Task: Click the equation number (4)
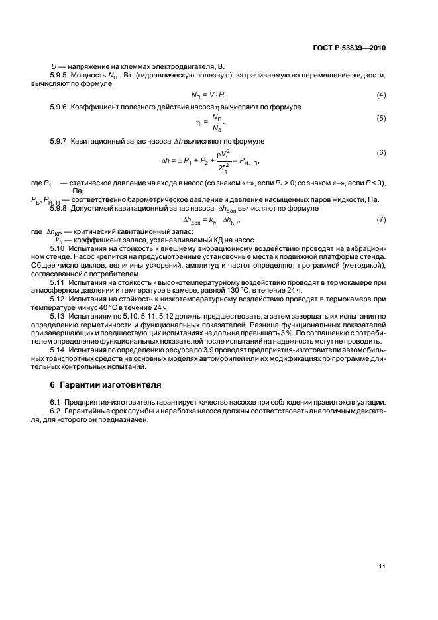pyautogui.click(x=381, y=95)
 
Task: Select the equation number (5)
pyautogui.click(x=381, y=118)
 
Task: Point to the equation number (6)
pyautogui.click(x=381, y=153)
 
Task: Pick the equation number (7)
pyautogui.click(x=381, y=219)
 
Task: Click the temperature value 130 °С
pyautogui.click(x=268, y=290)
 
